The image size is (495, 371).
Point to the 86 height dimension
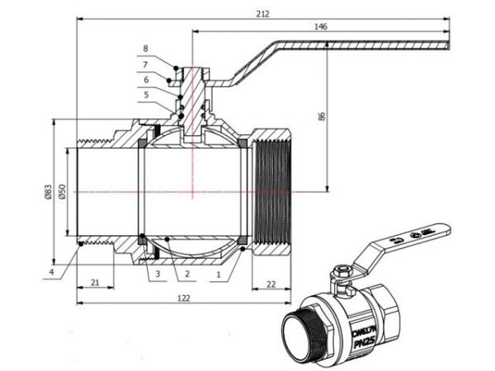coord(320,116)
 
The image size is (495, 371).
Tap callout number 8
coord(146,49)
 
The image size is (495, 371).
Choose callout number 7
coord(146,64)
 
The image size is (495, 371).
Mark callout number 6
coord(146,80)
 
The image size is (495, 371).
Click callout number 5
coord(146,95)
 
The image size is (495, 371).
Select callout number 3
coord(156,272)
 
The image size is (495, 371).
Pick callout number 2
coord(187,272)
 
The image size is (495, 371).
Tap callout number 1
coord(218,272)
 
